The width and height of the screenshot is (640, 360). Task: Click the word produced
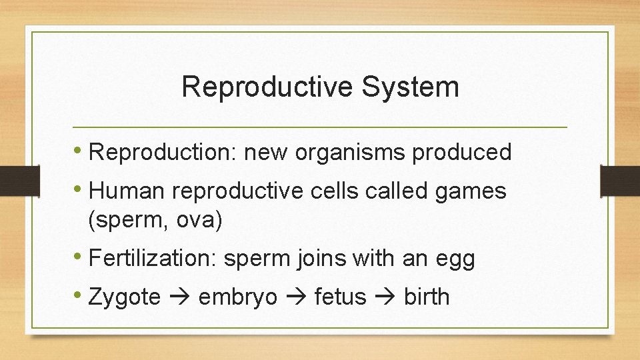[x=462, y=153]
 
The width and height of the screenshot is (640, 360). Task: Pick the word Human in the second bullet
[x=127, y=192]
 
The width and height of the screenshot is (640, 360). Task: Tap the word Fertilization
[x=148, y=259]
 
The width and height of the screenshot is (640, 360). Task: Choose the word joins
[x=315, y=259]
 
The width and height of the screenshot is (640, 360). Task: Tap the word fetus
[x=340, y=297]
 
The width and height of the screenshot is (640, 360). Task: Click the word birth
[x=427, y=297]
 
